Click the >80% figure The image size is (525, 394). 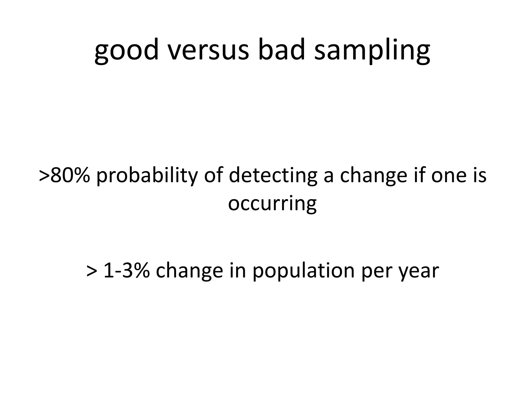coord(65,175)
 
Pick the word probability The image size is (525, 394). coord(147,175)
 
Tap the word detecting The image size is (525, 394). coord(273,175)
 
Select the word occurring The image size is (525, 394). coord(272,204)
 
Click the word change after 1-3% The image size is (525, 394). coord(189,271)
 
